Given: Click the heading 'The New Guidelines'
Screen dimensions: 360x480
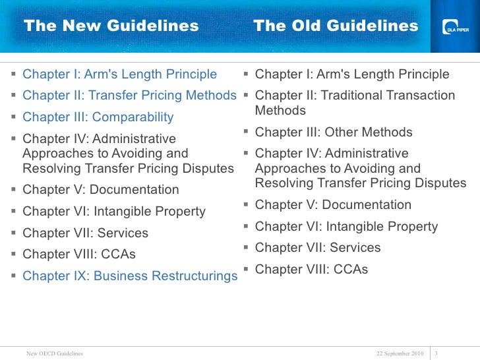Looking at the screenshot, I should coord(111,26).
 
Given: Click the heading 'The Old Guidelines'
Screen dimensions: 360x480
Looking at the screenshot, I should coord(336,26).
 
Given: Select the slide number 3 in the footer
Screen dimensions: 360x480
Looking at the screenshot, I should coord(438,353).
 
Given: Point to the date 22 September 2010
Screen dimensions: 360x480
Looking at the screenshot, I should coord(400,353).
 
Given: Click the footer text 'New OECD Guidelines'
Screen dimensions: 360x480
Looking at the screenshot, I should coord(55,353).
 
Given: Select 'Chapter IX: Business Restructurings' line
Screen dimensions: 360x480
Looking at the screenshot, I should coord(130,276).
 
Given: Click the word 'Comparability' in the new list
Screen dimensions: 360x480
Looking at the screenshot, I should coord(133,117).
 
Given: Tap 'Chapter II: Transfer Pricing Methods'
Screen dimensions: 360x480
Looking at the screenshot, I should coord(129,96).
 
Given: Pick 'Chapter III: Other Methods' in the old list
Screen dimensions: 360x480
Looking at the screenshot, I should coord(334,132).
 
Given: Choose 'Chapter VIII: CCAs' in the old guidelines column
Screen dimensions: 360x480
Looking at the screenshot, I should coord(311,269).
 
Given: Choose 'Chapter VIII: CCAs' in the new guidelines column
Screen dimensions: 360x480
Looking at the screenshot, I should coord(79,254).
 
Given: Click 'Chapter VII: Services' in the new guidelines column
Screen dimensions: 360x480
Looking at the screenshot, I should coord(85,233).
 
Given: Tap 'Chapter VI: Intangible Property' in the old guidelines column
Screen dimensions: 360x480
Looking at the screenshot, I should coord(346,227).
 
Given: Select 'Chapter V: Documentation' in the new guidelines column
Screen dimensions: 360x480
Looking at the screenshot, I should coord(100,190).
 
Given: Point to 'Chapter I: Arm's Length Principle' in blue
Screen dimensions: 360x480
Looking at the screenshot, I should coord(119,75).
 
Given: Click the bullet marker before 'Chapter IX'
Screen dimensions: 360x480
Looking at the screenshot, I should coord(14,275).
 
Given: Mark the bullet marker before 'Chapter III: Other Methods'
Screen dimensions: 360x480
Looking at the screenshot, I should coord(246,132).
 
